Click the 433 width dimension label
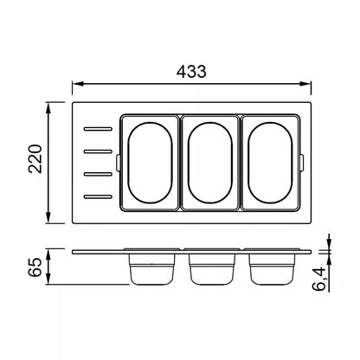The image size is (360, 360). (191, 72)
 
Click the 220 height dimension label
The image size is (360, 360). (35, 158)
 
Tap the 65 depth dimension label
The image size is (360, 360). (35, 267)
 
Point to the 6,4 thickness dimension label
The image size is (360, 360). (319, 279)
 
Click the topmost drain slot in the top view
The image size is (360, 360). (98, 129)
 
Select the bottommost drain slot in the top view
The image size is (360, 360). (98, 197)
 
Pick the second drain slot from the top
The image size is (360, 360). (98, 151)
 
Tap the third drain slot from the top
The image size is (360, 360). (98, 174)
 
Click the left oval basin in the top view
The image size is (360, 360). (128, 163)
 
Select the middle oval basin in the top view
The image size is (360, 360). (189, 163)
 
